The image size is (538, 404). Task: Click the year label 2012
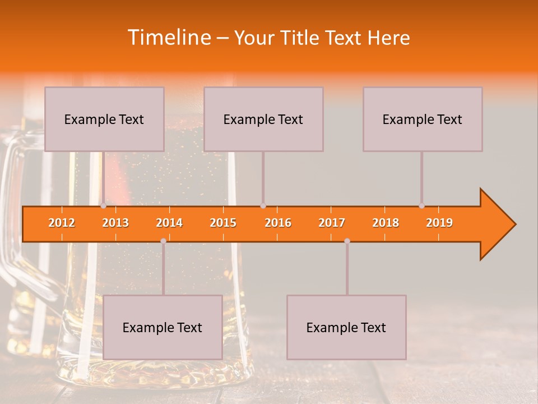point(62,223)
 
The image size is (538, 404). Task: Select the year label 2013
point(115,223)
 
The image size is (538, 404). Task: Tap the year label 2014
point(169,223)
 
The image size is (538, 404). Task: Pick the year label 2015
point(223,223)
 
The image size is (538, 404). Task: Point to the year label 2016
point(278,223)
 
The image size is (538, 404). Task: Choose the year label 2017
point(332,223)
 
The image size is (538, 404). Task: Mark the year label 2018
point(386,223)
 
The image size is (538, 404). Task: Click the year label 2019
point(439,223)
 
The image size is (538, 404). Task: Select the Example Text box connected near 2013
point(104,119)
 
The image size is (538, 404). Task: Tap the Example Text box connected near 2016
point(263,119)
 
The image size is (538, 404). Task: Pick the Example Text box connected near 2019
point(423,119)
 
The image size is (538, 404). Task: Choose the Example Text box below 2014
point(163,327)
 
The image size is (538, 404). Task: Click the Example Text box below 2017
point(346,327)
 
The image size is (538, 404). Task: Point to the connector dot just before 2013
point(103,206)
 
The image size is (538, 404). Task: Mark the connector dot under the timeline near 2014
point(163,241)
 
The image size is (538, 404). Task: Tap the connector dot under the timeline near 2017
point(347,241)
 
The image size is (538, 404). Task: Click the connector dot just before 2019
point(421,206)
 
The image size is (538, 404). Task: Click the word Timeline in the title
point(168,37)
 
